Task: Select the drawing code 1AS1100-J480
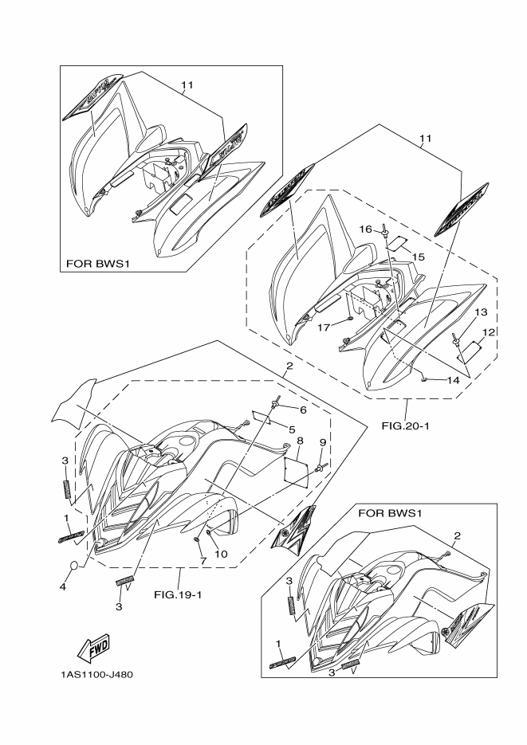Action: pos(96,674)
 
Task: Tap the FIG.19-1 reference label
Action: pos(179,594)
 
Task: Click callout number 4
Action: pos(63,588)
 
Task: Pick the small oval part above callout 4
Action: pos(72,567)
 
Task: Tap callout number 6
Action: pos(303,410)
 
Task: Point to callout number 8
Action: pos(299,440)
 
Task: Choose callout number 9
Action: pos(323,442)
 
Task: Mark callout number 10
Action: pos(221,554)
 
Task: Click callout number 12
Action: pos(488,331)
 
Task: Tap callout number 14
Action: pos(452,381)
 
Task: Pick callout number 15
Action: pos(418,257)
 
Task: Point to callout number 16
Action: pos(364,229)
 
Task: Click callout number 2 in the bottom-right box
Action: pos(457,535)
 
